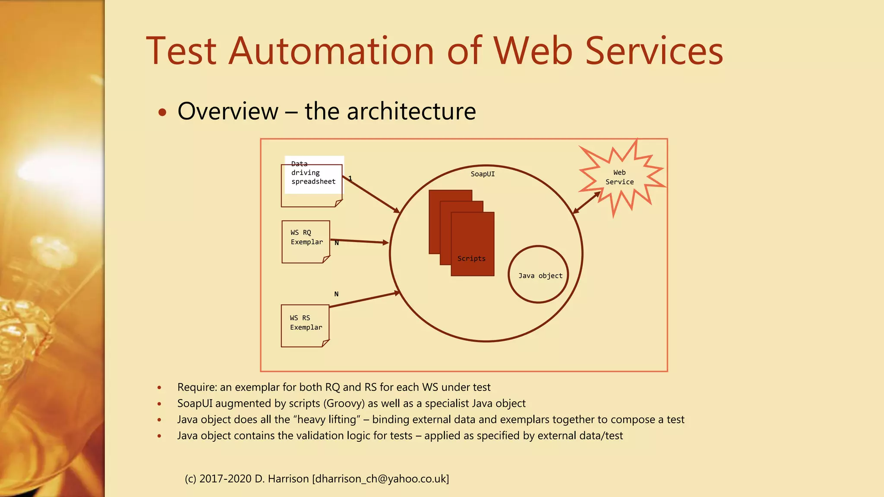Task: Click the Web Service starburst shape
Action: pyautogui.click(x=619, y=177)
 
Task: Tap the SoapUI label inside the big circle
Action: pyautogui.click(x=483, y=174)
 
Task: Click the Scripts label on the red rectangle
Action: pyautogui.click(x=471, y=258)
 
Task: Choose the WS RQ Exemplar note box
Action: pyautogui.click(x=306, y=242)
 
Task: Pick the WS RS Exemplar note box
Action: pyautogui.click(x=305, y=326)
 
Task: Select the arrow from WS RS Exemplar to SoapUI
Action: pyautogui.click(x=365, y=300)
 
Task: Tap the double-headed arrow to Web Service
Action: pyautogui.click(x=586, y=202)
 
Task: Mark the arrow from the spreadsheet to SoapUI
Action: pyautogui.click(x=371, y=195)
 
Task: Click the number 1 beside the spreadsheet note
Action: pyautogui.click(x=350, y=178)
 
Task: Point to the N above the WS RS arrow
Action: pyautogui.click(x=336, y=294)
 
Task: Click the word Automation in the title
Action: pyautogui.click(x=331, y=51)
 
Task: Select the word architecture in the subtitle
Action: pyautogui.click(x=411, y=111)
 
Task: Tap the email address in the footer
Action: pyautogui.click(x=380, y=479)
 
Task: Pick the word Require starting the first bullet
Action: pyautogui.click(x=196, y=387)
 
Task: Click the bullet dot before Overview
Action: pyautogui.click(x=162, y=113)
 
